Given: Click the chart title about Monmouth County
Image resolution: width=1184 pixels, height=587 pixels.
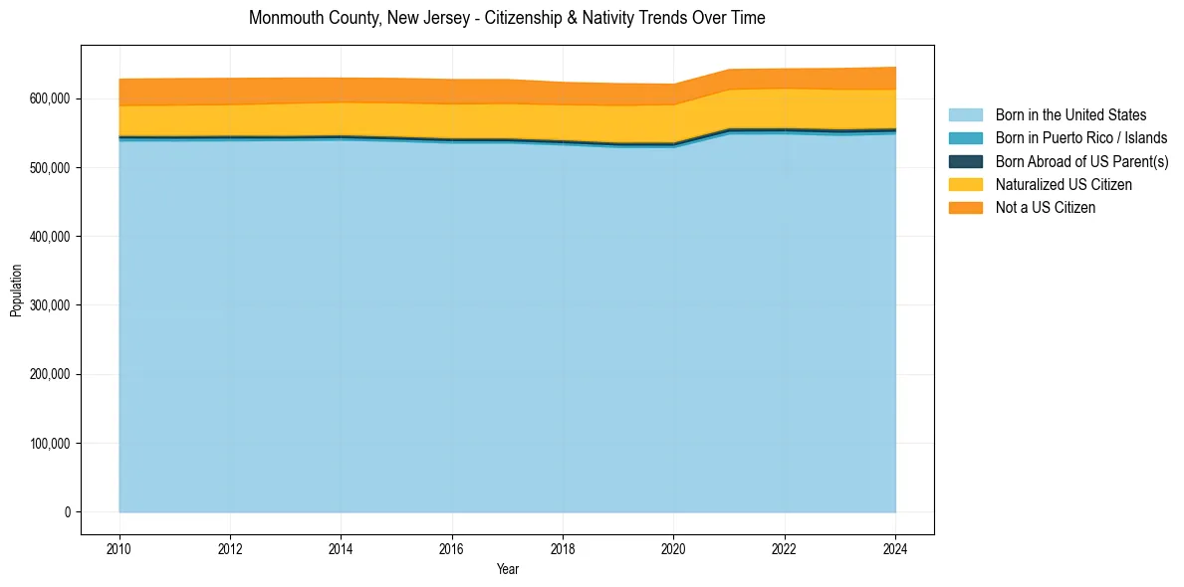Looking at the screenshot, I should (507, 18).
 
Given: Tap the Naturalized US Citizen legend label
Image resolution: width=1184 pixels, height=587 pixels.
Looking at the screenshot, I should (1064, 184).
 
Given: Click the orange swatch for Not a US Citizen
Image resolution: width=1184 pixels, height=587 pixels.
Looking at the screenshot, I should (965, 207).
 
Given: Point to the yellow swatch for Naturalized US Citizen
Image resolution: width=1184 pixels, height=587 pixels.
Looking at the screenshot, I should (965, 184).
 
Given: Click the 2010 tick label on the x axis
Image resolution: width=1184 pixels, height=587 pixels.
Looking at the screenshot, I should (119, 548).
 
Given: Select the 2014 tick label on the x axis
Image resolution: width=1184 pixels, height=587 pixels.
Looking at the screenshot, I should (342, 548).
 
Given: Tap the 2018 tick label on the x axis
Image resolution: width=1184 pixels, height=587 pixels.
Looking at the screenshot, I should (563, 548).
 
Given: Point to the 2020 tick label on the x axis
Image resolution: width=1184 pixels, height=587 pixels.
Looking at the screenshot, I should (674, 548).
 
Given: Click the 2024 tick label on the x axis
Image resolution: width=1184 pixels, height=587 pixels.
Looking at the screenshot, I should (895, 548).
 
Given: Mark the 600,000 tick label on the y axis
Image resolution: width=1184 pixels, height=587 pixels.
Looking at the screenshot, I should (49, 99).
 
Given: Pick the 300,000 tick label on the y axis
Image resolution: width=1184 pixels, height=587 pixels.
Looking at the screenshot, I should (49, 305).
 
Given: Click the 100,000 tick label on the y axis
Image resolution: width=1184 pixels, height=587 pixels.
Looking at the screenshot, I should (49, 444).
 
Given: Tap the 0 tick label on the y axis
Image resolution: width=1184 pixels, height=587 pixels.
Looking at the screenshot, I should (68, 512).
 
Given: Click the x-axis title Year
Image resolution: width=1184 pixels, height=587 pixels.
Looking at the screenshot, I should (507, 570).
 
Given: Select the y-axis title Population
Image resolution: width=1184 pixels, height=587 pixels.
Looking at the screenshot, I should (16, 291).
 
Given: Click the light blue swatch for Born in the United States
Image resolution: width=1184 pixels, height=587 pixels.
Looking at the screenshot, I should (965, 115).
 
